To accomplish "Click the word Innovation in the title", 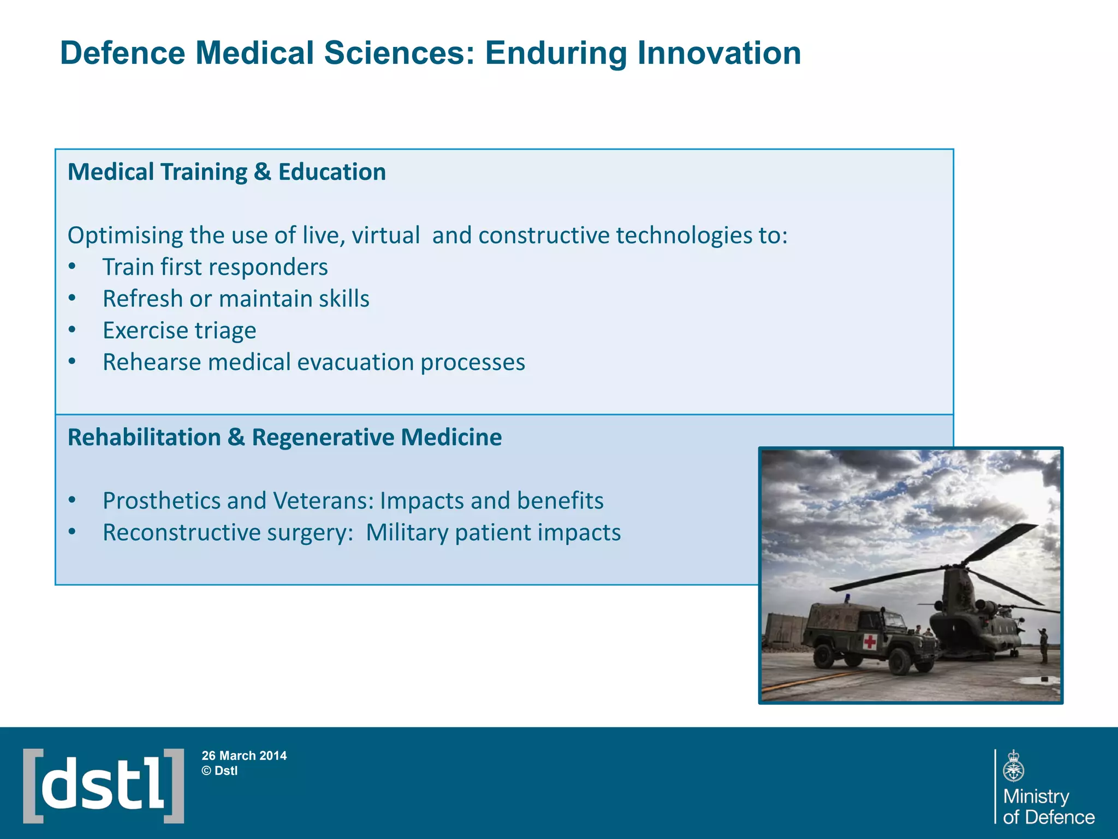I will click(719, 54).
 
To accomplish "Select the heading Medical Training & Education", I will click(227, 172).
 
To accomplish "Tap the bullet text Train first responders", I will click(215, 267).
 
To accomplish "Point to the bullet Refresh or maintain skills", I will click(236, 299).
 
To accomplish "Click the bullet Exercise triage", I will click(179, 330).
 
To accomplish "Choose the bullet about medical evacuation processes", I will click(314, 362).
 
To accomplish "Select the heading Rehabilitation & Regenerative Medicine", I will click(284, 437).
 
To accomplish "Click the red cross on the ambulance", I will click(870, 642).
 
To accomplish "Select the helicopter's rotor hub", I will click(961, 563).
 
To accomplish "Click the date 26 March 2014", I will click(244, 755).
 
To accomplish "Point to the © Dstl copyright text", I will click(219, 771).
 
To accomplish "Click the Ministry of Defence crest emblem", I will click(1013, 766).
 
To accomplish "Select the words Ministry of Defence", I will click(1048, 806).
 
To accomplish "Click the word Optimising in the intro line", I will click(125, 235).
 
